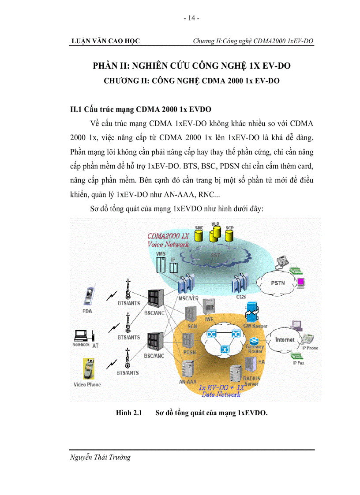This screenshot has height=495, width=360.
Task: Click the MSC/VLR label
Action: (x=187, y=299)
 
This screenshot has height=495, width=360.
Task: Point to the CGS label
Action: (x=241, y=297)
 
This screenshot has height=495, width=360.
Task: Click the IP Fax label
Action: (x=298, y=363)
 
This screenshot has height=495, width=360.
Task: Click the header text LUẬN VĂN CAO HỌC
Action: (x=105, y=41)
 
